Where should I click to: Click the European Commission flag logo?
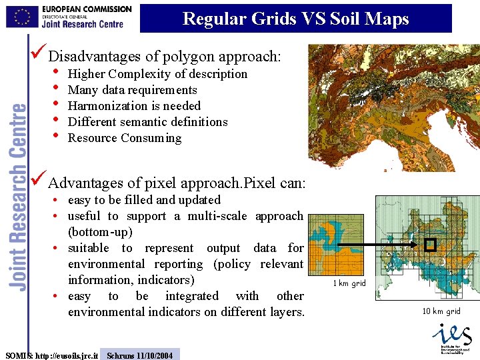coord(22,16)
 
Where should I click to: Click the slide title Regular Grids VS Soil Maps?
coord(295,19)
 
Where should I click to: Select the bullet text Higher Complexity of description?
coord(157,74)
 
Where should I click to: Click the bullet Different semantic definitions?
coord(147,122)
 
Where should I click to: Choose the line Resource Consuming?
coord(124,138)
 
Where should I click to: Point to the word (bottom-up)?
coord(100,232)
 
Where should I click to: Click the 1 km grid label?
coord(350,283)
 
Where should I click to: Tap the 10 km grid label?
coord(441,311)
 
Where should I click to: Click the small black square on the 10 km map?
coord(430,245)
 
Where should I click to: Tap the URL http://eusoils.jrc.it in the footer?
coord(67,355)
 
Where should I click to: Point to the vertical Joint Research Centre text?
coord(18,197)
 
